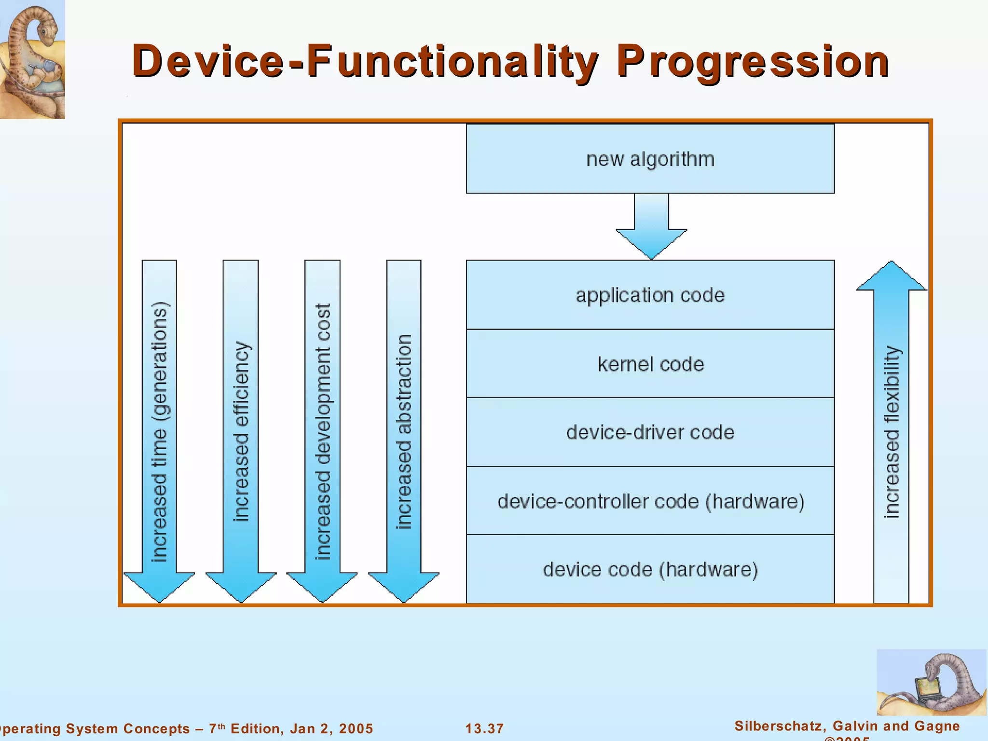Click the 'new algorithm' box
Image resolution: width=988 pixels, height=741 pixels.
[650, 159]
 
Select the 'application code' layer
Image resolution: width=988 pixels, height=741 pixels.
[650, 295]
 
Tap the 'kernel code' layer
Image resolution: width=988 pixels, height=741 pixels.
[650, 364]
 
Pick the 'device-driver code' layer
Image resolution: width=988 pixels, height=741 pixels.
[650, 432]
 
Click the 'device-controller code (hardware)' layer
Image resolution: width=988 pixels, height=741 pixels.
[650, 501]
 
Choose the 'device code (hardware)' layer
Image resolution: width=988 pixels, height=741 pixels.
[650, 570]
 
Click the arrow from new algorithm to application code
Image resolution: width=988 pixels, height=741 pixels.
[651, 227]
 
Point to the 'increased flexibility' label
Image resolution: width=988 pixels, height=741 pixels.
[892, 432]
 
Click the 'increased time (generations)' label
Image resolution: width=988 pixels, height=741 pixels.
[160, 432]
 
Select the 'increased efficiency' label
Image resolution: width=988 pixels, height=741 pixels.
[241, 432]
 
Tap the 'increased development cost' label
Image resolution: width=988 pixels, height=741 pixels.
[323, 432]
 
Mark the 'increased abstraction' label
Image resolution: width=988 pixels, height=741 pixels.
[404, 432]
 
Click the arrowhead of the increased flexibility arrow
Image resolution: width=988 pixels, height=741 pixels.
[892, 277]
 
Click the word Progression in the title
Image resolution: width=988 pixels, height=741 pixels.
[753, 62]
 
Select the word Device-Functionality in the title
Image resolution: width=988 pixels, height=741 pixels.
[364, 62]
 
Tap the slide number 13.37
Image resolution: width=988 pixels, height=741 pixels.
[484, 728]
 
